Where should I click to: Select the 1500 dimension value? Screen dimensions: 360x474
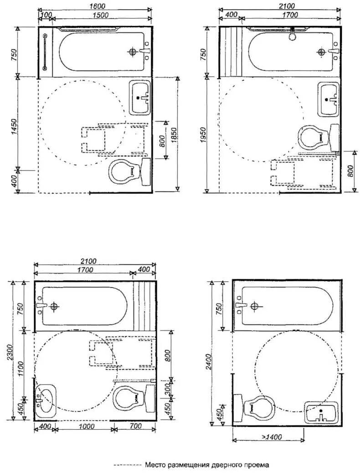coord(101,15)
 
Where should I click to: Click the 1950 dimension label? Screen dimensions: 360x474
coord(203,135)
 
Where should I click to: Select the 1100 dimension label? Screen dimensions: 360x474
coord(20,369)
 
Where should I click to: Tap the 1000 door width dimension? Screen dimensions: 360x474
coord(86,427)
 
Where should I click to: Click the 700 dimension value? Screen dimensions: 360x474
coord(135,426)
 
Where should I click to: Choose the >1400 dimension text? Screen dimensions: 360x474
coord(272,437)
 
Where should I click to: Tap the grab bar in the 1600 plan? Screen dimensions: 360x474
coord(45,52)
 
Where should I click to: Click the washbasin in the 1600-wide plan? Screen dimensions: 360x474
coord(140,98)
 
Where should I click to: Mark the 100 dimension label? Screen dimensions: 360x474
coord(45,15)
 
